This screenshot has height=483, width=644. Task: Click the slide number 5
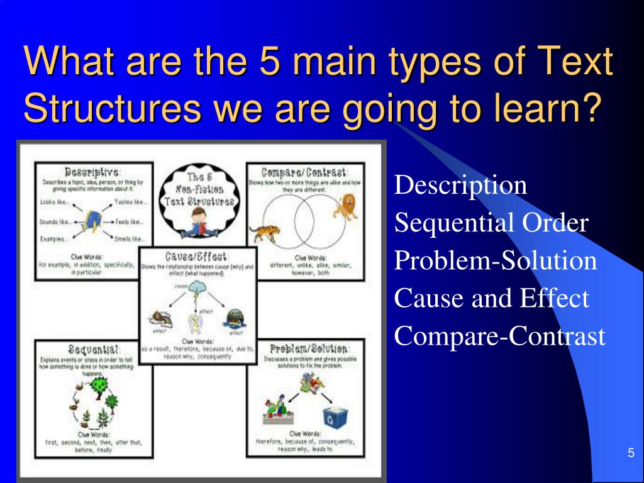click(630, 454)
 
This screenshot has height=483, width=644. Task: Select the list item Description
click(460, 186)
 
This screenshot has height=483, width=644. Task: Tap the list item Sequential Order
click(491, 223)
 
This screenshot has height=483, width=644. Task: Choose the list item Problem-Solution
click(496, 260)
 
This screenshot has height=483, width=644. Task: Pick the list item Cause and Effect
click(492, 298)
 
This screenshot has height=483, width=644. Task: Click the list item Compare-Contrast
click(499, 336)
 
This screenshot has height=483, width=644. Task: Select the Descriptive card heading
click(92, 171)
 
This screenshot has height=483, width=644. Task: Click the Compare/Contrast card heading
click(304, 171)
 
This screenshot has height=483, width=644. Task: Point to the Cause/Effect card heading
click(197, 257)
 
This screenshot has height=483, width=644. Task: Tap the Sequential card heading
click(92, 348)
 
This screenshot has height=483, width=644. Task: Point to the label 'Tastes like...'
click(131, 202)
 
